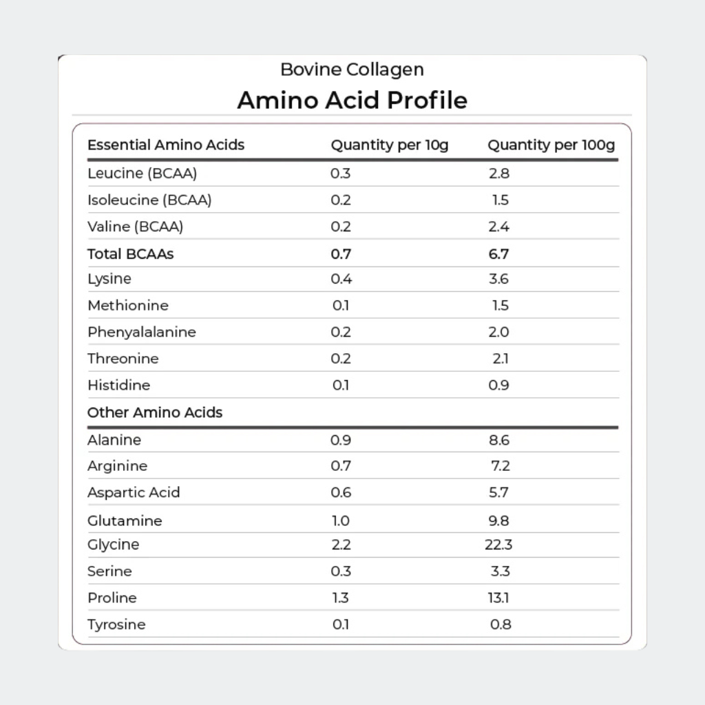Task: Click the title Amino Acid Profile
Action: (x=352, y=101)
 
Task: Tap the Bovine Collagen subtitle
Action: (x=352, y=70)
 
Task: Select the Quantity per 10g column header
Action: (x=389, y=145)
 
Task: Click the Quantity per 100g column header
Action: (x=551, y=145)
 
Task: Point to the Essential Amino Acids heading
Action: (x=166, y=145)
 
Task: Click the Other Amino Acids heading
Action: (x=155, y=412)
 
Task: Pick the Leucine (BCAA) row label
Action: (x=143, y=173)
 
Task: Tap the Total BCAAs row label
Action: (x=130, y=253)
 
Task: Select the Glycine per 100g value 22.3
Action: (x=498, y=545)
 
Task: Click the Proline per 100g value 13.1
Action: (x=498, y=598)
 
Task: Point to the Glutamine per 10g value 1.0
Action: (x=341, y=520)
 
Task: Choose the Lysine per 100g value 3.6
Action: (x=498, y=279)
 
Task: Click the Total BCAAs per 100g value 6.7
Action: (x=498, y=253)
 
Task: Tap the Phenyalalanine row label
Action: (x=142, y=332)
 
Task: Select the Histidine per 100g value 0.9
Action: (x=498, y=385)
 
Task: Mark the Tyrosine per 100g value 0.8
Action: (x=500, y=624)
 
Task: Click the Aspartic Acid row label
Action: (x=134, y=492)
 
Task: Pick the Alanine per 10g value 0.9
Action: (x=341, y=440)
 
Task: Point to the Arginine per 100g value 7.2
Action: (x=500, y=466)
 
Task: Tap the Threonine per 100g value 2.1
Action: (x=500, y=359)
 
